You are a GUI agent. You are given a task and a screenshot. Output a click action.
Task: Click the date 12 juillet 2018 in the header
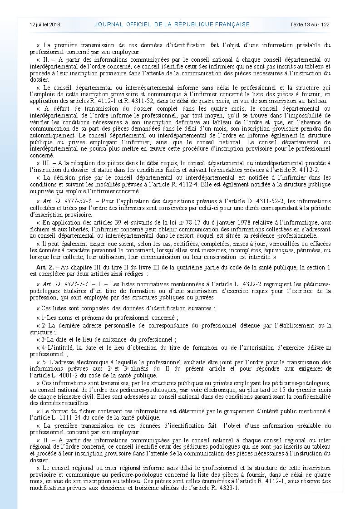click(x=45, y=24)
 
